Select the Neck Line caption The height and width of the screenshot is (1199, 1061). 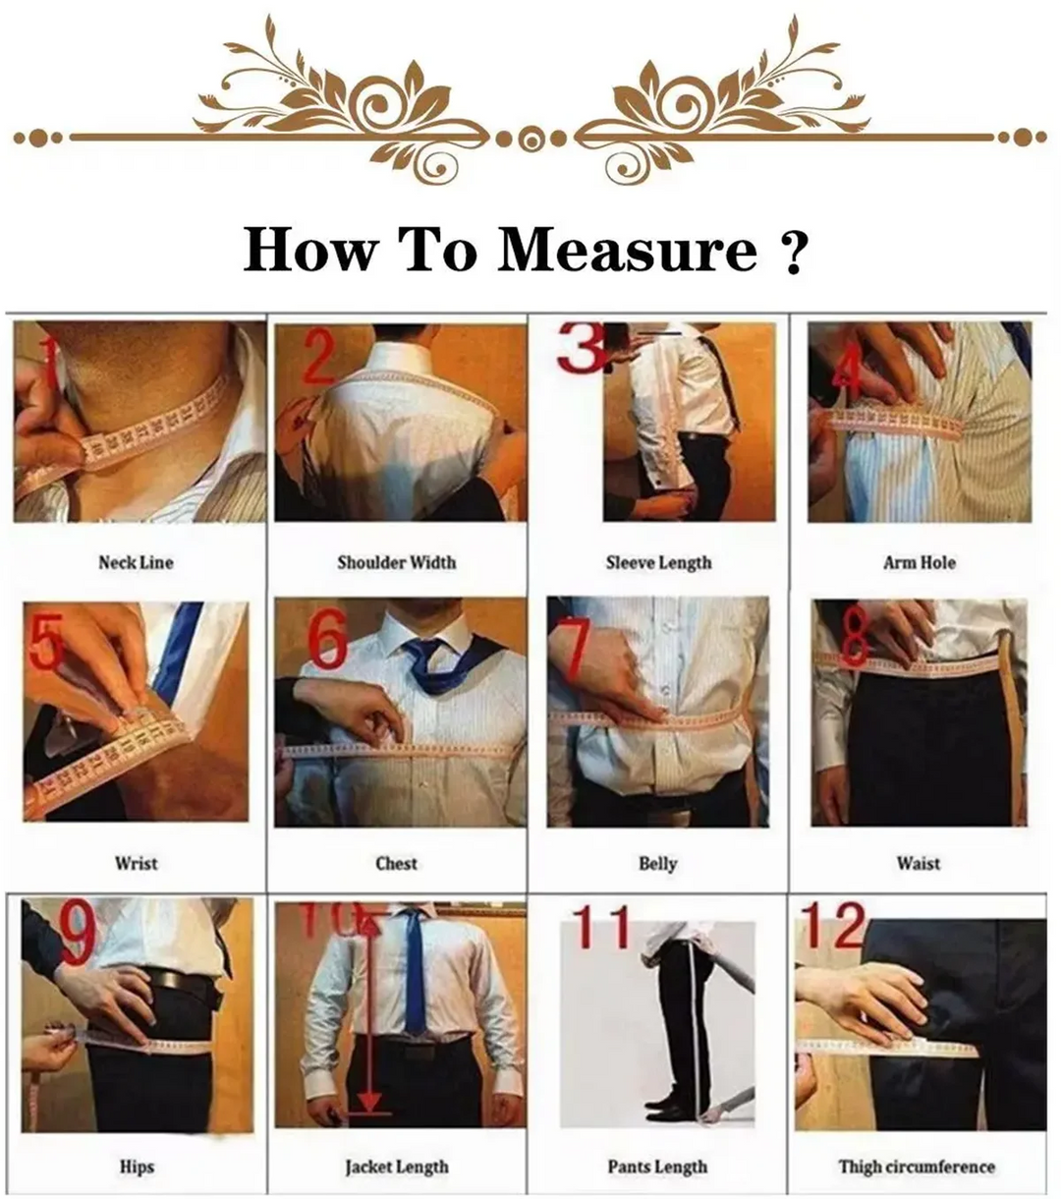136,562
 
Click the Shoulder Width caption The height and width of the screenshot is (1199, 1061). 396,562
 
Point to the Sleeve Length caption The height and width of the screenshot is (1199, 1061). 657,562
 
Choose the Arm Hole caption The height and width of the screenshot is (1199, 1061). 919,562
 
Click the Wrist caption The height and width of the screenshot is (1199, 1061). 136,863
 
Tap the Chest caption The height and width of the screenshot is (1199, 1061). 396,863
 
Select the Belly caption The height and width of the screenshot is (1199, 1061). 657,863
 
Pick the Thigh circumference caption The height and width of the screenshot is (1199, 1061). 916,1167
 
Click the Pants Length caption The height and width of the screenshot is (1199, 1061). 657,1167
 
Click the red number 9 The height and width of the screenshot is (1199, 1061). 79,934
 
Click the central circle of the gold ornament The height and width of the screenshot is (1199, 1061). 530,139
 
